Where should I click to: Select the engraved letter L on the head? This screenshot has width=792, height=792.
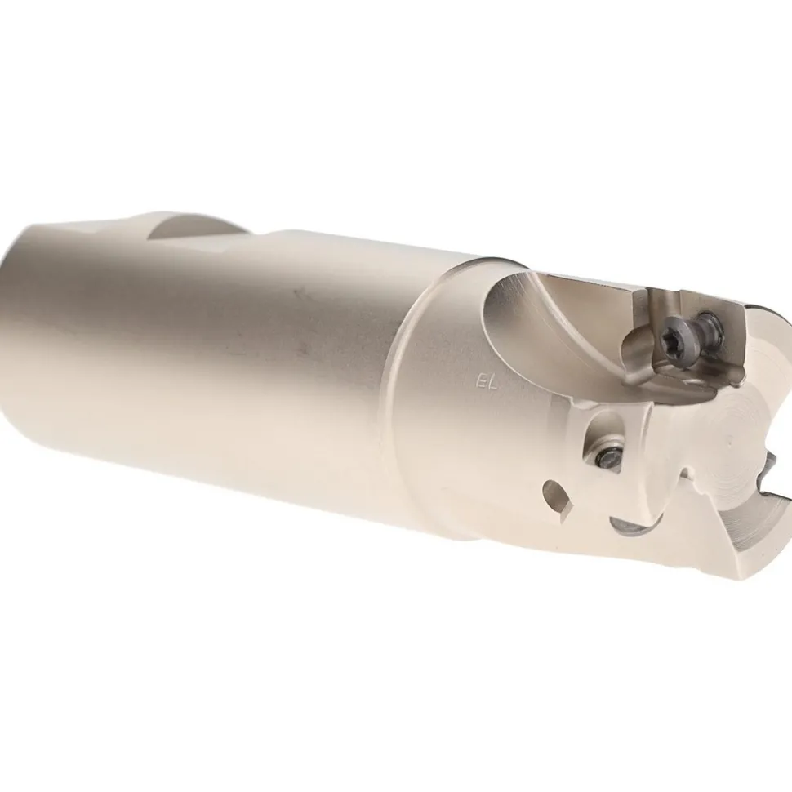pos(492,384)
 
